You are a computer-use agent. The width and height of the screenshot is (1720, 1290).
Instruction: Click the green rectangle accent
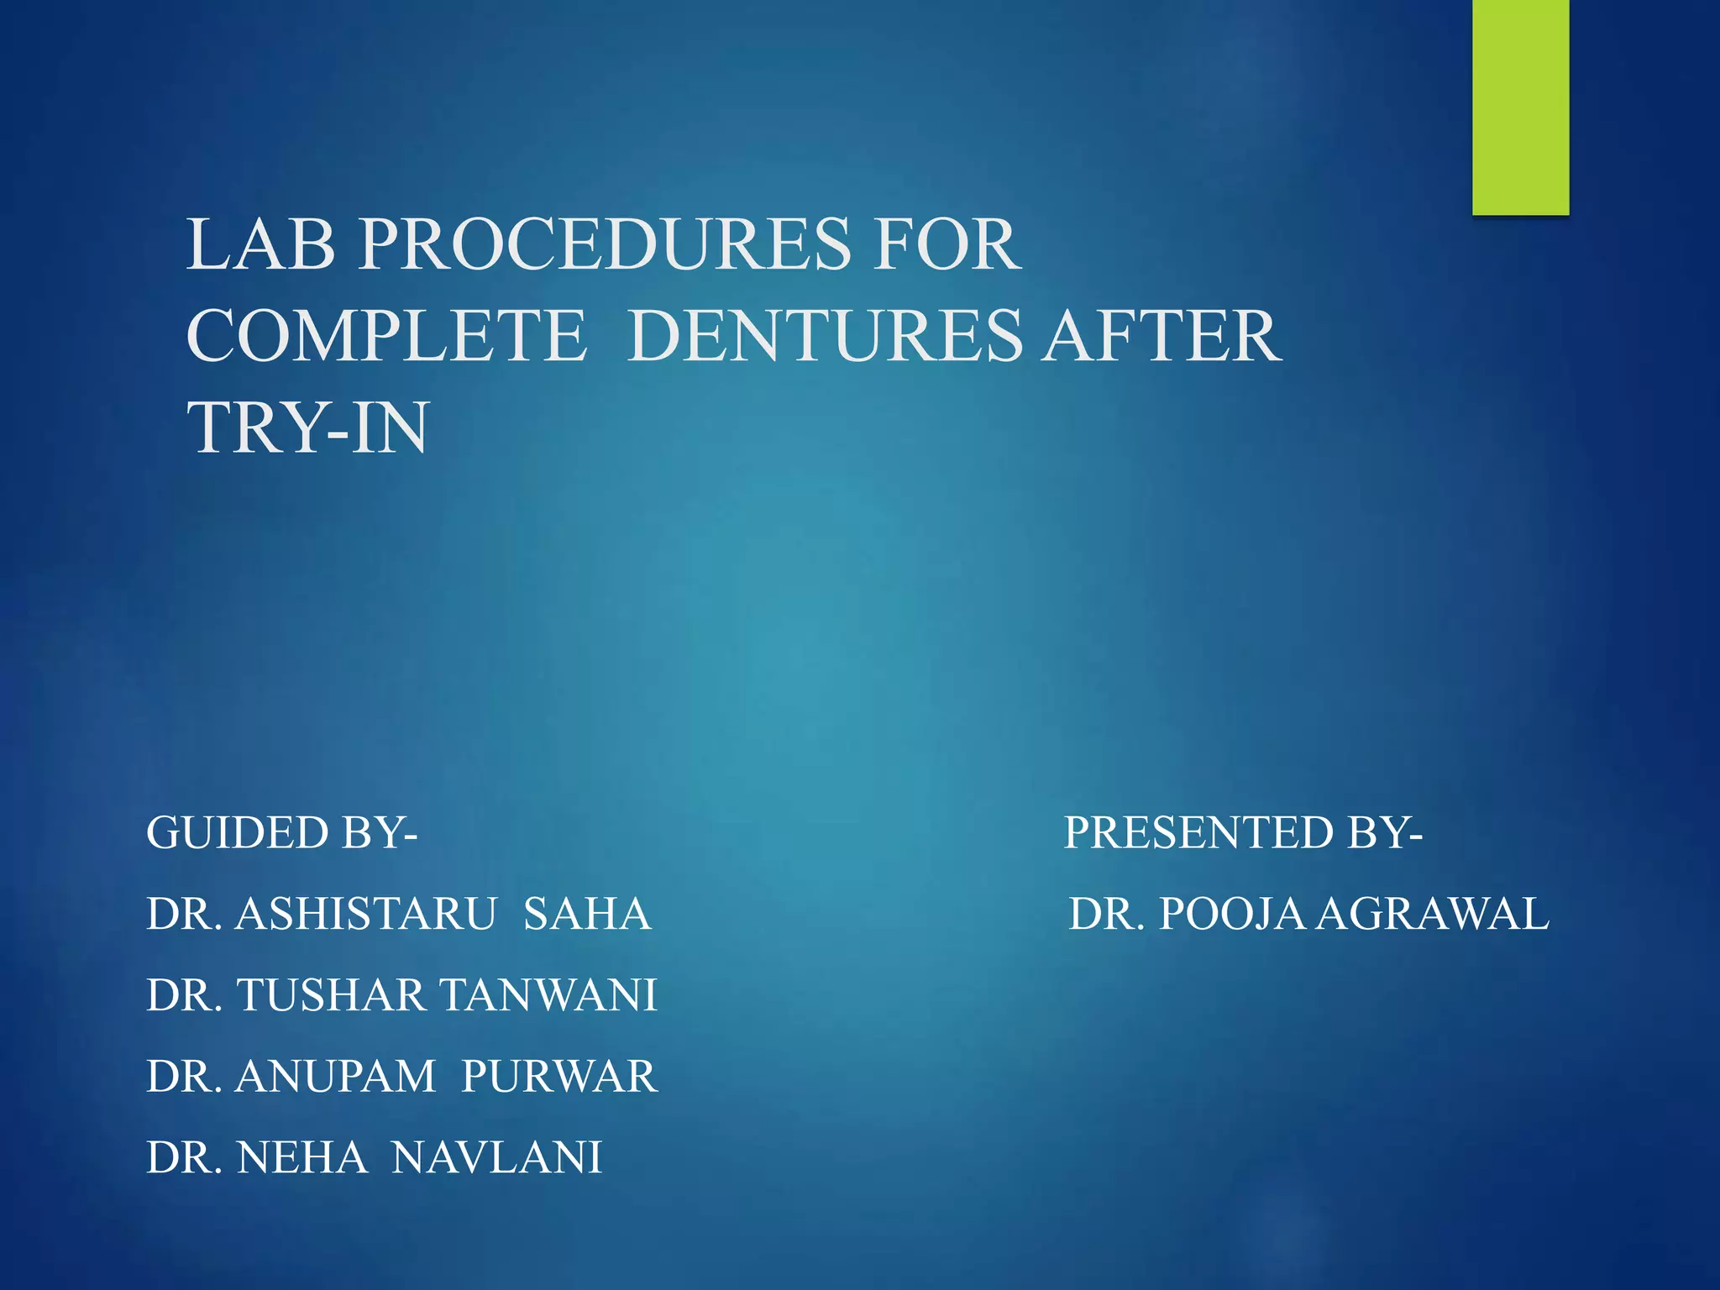coord(1520,107)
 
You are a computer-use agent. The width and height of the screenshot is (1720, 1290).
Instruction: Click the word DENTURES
coord(825,336)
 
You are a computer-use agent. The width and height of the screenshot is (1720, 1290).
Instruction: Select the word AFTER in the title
coord(1162,336)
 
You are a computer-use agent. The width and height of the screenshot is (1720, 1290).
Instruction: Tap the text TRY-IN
coord(307,427)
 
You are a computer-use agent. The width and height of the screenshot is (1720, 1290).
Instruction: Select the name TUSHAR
coord(333,995)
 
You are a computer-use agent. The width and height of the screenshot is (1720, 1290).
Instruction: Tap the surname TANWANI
coord(548,995)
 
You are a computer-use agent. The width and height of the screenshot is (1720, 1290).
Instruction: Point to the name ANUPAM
coord(335,1077)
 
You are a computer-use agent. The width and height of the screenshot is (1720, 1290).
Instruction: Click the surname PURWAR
coord(559,1077)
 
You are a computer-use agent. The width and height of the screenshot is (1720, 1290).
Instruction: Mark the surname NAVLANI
coord(497,1157)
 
